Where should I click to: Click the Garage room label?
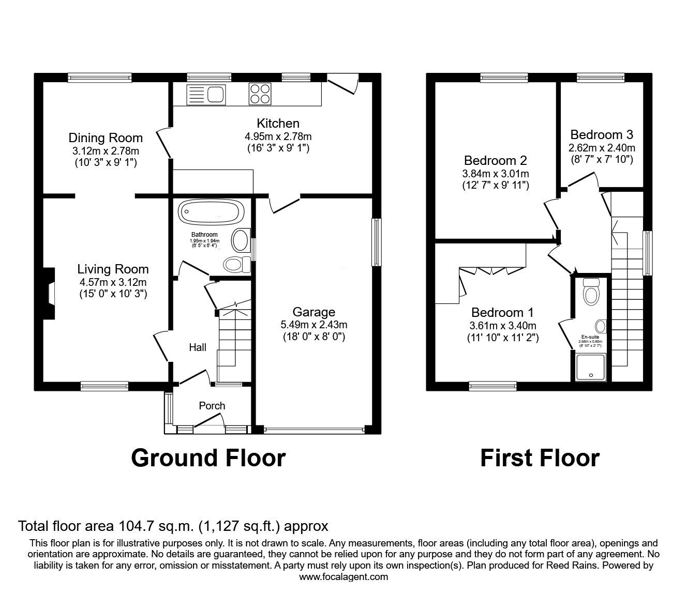pos(313,312)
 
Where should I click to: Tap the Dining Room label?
pos(106,138)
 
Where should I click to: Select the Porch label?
pos(212,406)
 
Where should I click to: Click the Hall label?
pos(197,347)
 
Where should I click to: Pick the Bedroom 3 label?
pos(602,135)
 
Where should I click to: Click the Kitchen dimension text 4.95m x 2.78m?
pos(278,136)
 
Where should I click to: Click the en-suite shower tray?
pos(591,367)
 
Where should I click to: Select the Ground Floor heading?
pos(208,458)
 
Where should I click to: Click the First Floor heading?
pos(540,458)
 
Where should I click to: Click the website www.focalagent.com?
pos(343,576)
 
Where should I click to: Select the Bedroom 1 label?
pos(502,313)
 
